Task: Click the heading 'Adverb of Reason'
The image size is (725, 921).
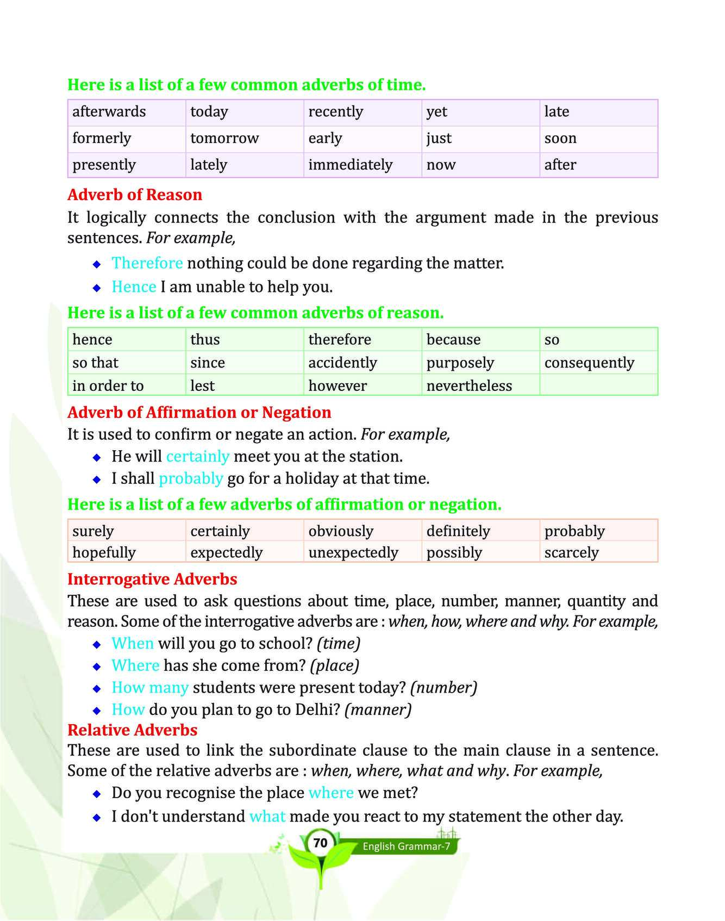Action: click(x=135, y=195)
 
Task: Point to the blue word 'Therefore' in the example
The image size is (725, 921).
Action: click(x=147, y=263)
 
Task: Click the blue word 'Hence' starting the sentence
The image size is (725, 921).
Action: click(x=134, y=287)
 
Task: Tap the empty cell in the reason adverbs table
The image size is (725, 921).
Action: click(x=598, y=385)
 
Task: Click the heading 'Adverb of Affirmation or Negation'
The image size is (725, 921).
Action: click(x=199, y=412)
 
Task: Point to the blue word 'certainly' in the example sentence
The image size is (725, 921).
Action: click(x=198, y=456)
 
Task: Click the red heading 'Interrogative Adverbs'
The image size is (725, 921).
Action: click(x=152, y=579)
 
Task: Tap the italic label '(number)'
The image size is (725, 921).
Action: click(x=443, y=687)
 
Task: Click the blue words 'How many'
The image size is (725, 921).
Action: click(x=150, y=687)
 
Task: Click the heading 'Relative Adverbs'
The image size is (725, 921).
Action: click(x=132, y=730)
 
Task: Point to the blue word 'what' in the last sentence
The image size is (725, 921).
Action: click(x=267, y=816)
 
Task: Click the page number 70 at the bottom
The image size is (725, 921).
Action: click(x=320, y=843)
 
